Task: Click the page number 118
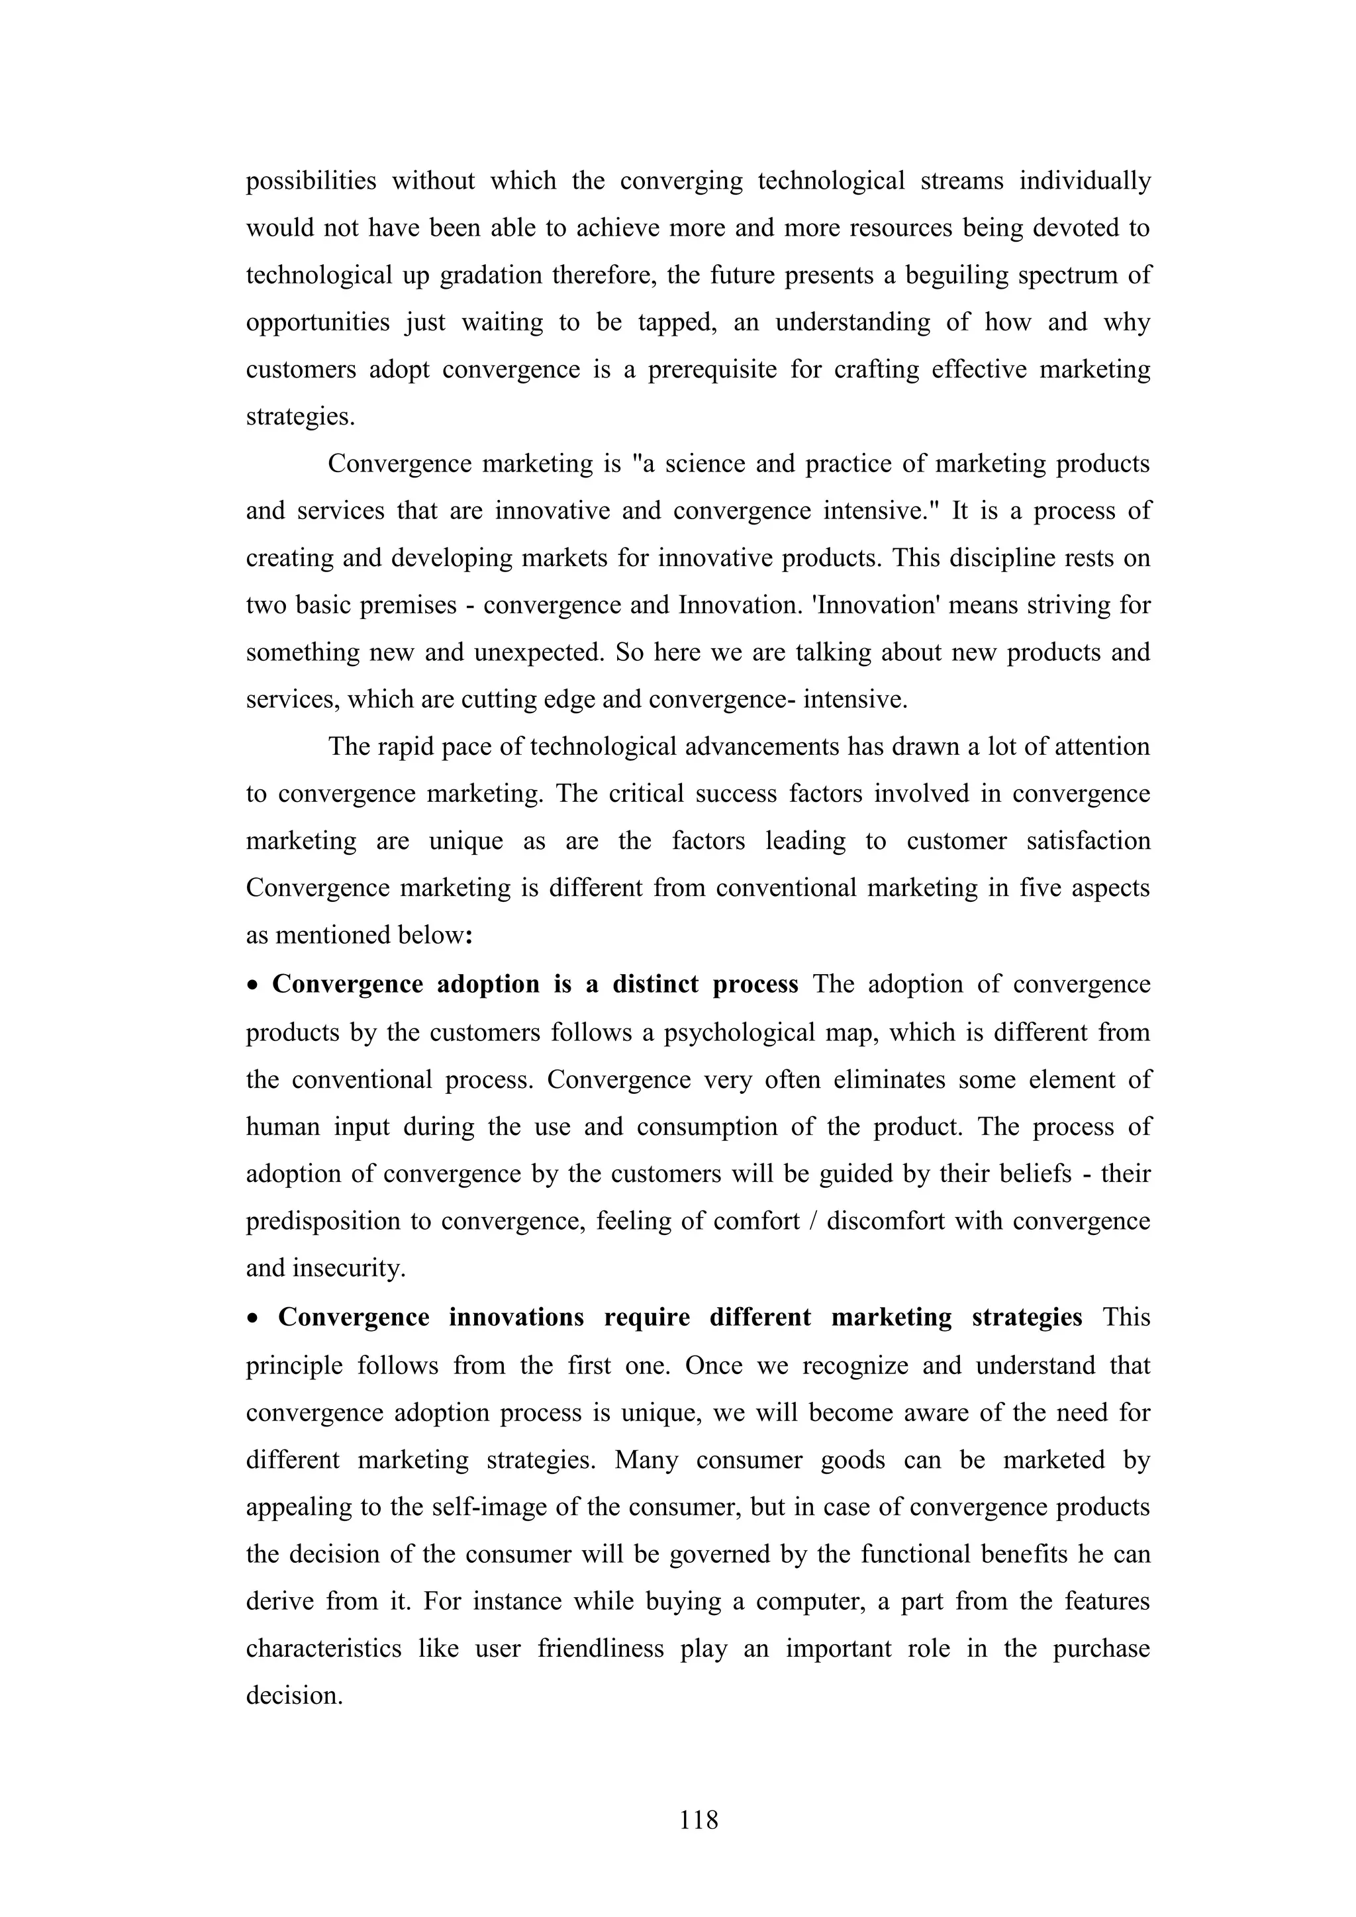click(699, 1819)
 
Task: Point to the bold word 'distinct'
click(655, 985)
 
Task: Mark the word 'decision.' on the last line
click(294, 1696)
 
